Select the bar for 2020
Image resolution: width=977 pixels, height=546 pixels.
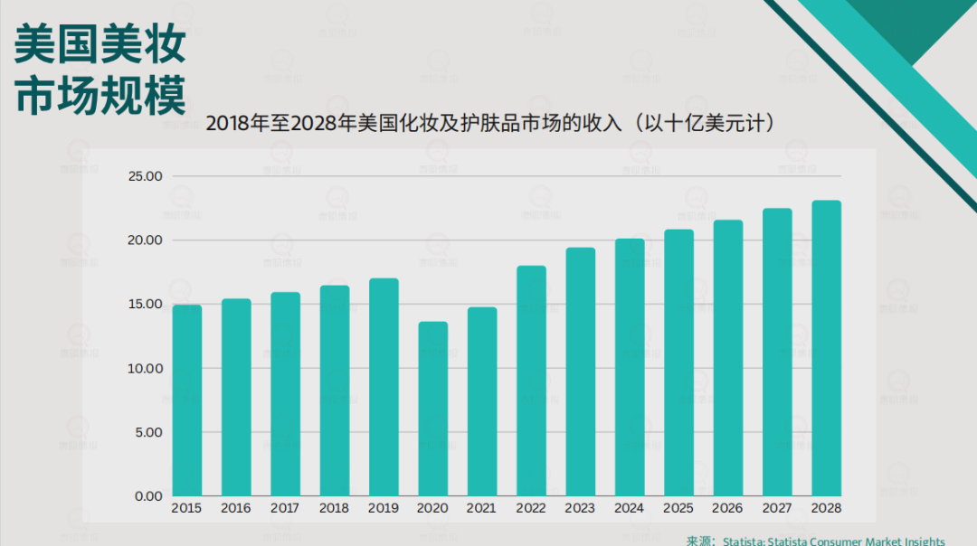tap(432, 409)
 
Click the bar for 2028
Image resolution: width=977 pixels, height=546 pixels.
tap(826, 348)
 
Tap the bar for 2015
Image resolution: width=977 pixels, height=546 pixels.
tap(186, 400)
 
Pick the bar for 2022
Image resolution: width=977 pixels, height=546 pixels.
tap(531, 381)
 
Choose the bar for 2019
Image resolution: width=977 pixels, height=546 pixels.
tap(384, 387)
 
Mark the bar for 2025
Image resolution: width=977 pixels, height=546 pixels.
tap(678, 362)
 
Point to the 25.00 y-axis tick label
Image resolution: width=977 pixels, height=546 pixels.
tap(145, 176)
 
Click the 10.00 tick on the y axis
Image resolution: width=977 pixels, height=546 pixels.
tap(145, 369)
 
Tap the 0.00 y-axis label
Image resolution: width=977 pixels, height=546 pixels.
tap(148, 496)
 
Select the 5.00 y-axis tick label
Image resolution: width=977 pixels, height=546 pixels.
tap(148, 432)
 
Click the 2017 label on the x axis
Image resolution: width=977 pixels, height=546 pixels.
tap(285, 508)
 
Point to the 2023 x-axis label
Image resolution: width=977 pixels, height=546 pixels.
tap(580, 508)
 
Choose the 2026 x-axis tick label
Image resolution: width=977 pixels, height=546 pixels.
tap(727, 508)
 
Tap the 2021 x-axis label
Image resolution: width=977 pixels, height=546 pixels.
tap(481, 508)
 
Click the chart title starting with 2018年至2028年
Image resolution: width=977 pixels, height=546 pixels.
tap(494, 122)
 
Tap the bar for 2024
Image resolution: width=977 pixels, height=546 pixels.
tap(630, 367)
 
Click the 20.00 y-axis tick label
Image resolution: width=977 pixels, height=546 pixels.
tap(145, 240)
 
